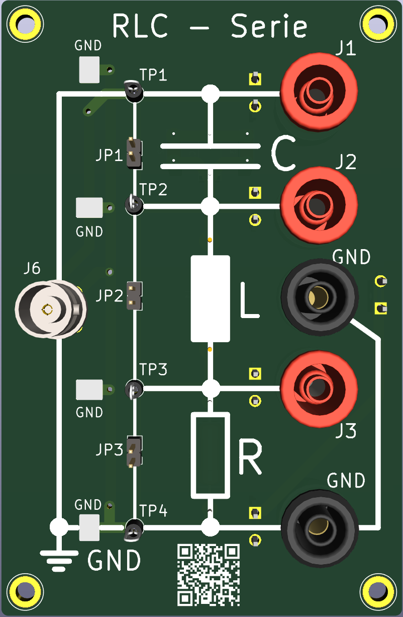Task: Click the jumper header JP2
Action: pos(134,295)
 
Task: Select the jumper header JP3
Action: pos(134,451)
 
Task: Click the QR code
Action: pos(209,574)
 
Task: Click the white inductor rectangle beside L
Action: pos(211,298)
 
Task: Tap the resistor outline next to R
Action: pos(210,455)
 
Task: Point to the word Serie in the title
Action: pos(269,27)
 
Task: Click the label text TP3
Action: pos(153,370)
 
